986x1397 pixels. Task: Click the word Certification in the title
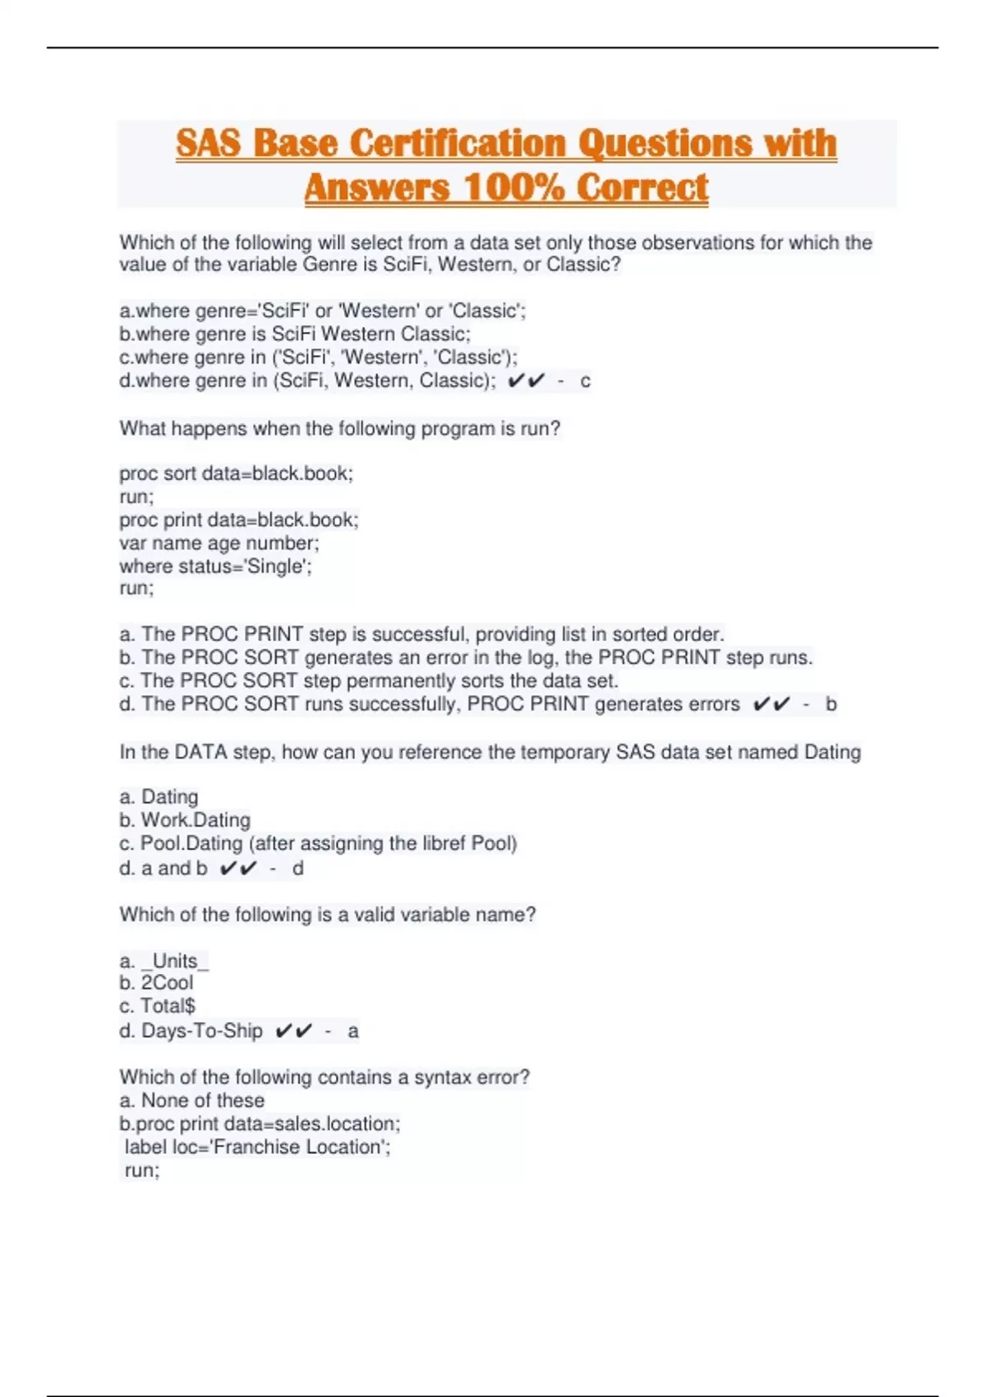click(458, 143)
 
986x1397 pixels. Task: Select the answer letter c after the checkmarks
click(585, 381)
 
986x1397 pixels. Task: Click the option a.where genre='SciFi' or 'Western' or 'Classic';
click(323, 311)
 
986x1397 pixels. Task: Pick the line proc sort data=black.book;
click(236, 473)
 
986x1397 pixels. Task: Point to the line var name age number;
click(219, 543)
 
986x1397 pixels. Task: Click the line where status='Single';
click(215, 566)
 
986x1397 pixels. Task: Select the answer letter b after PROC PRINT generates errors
click(831, 704)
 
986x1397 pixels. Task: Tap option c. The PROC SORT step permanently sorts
click(369, 680)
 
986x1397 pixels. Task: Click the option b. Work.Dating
click(185, 820)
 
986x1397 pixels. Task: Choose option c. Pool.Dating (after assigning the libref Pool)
click(318, 843)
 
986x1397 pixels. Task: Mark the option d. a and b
click(164, 868)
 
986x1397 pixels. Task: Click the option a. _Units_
click(164, 961)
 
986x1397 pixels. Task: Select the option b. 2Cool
click(156, 983)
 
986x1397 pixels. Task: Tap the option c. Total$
click(157, 1006)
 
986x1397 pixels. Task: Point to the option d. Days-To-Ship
click(191, 1030)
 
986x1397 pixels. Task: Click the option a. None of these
click(191, 1100)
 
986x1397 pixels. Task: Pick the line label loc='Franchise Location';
click(257, 1147)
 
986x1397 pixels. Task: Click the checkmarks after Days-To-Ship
click(293, 1030)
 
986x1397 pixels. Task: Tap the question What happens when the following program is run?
click(339, 429)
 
